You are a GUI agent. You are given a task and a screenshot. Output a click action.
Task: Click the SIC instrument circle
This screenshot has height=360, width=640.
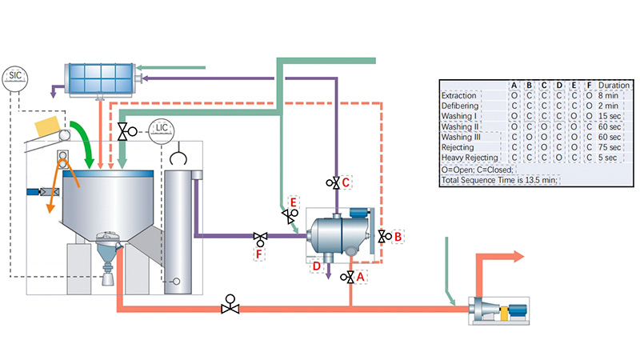(14, 76)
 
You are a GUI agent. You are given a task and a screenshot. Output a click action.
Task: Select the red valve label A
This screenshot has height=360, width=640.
(362, 274)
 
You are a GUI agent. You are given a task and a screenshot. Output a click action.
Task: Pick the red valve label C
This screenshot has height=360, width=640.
(346, 182)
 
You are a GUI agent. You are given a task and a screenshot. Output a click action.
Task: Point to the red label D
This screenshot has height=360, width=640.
(317, 266)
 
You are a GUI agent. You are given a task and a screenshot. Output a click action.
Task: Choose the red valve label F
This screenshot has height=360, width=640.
(258, 254)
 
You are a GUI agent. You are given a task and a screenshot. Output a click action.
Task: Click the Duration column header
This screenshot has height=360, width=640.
(614, 85)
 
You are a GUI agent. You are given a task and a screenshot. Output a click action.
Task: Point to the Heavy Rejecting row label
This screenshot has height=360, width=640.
(471, 158)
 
